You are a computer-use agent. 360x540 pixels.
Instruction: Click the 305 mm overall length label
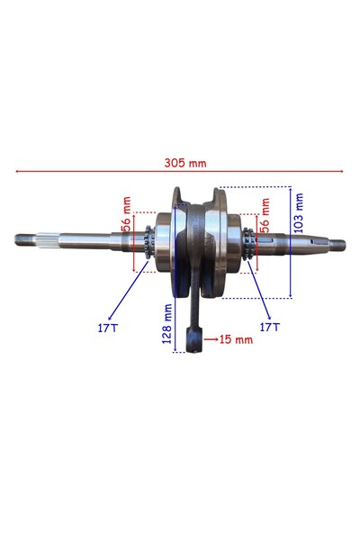click(185, 163)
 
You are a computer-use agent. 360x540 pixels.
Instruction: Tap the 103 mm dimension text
click(298, 213)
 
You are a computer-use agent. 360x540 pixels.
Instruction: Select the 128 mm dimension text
click(167, 324)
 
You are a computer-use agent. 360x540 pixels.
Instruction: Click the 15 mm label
click(236, 339)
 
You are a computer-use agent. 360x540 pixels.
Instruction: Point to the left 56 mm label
click(127, 214)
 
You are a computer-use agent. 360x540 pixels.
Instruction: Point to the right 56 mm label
click(265, 216)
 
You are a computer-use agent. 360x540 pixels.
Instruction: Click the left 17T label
click(107, 328)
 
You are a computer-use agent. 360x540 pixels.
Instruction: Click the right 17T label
click(270, 327)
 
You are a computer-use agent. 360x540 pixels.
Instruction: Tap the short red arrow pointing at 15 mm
click(211, 339)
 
